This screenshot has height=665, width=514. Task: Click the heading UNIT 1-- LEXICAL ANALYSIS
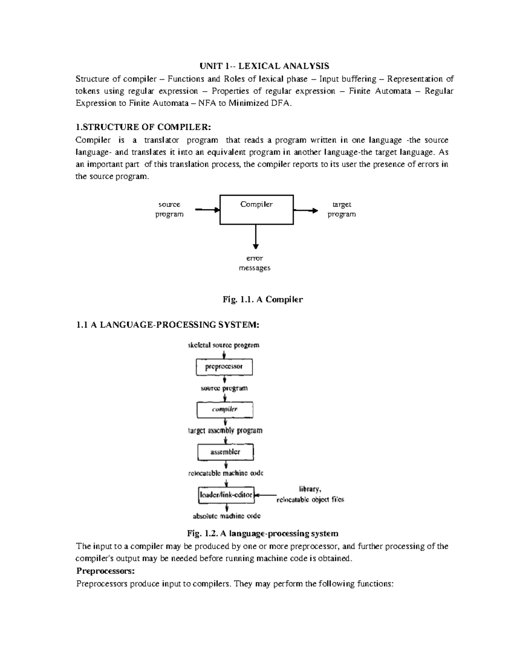[264, 66]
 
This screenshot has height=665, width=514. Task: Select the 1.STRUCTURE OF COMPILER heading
[143, 127]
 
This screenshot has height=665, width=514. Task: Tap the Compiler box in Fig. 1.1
[257, 210]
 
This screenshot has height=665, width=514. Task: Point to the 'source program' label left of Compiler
[169, 209]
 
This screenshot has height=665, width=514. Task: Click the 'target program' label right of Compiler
[341, 209]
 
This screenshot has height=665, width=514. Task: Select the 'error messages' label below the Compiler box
[254, 263]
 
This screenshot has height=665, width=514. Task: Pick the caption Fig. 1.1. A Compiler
[263, 300]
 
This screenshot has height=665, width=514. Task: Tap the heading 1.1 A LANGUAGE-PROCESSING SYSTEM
[167, 325]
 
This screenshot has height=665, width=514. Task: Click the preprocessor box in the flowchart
[224, 367]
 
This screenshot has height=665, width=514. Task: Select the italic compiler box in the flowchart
[224, 409]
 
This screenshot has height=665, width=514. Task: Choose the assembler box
[225, 452]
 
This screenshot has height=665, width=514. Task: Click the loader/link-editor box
[226, 495]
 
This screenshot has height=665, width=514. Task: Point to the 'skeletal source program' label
[224, 345]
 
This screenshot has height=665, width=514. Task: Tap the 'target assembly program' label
[225, 430]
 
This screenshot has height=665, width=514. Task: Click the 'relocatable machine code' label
[226, 473]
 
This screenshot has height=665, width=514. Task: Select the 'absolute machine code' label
[227, 516]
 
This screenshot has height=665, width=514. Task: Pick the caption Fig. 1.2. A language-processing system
[263, 534]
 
